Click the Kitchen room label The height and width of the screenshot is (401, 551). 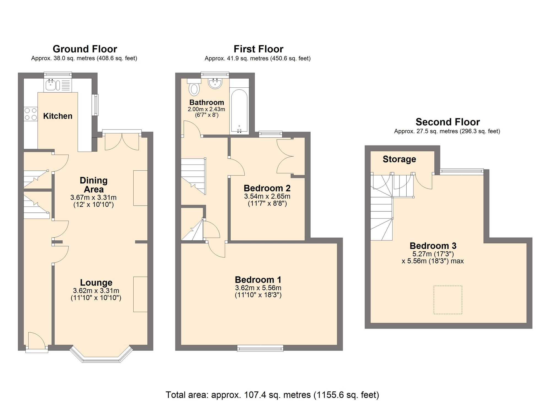(58, 116)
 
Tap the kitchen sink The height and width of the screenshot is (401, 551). (51, 85)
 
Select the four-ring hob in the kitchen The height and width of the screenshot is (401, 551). (31, 114)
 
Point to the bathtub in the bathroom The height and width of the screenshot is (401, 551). (239, 111)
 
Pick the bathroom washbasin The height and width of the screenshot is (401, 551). (215, 84)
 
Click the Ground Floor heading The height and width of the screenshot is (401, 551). (85, 49)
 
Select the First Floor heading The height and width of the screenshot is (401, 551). (258, 49)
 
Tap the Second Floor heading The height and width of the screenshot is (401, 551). (447, 122)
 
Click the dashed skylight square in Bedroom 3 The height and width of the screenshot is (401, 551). (448, 300)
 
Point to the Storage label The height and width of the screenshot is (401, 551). (399, 159)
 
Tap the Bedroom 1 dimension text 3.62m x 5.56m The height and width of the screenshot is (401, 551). (258, 288)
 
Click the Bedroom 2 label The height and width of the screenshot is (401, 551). (267, 188)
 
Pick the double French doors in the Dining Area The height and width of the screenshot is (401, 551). (122, 141)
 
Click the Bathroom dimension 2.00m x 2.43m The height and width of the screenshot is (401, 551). (206, 109)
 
